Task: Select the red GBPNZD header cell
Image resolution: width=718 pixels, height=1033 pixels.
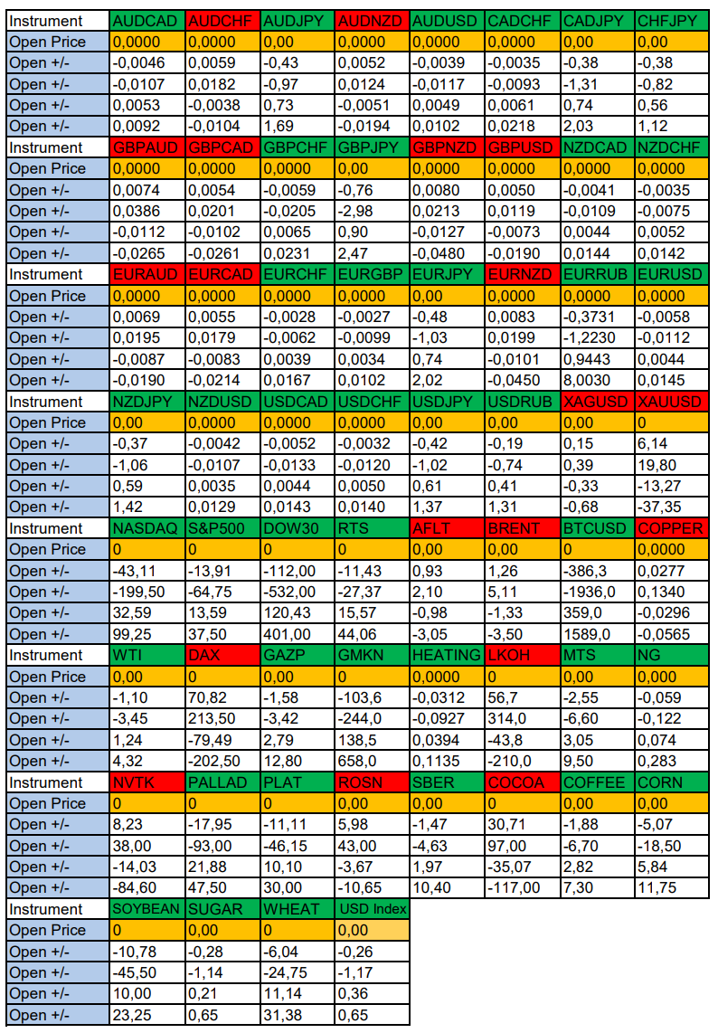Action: (446, 147)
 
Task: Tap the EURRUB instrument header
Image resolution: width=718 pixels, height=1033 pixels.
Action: (596, 274)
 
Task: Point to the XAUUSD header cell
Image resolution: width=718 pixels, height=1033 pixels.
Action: (671, 402)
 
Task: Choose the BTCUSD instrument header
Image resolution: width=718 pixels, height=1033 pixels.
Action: (596, 528)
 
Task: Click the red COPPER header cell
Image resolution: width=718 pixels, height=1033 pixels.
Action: (671, 528)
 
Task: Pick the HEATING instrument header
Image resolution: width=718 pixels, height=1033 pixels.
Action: (446, 655)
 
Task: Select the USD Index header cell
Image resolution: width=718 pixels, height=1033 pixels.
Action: (372, 909)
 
